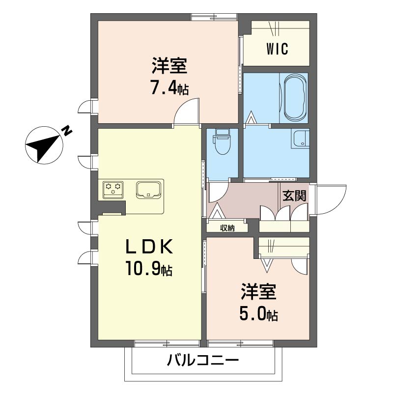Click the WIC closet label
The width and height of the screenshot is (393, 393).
[x=277, y=49]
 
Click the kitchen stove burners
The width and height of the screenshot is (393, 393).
[x=113, y=189]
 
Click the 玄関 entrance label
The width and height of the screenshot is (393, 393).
[x=294, y=196]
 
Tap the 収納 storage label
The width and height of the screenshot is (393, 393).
[x=227, y=228]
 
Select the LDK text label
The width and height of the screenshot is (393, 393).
[x=149, y=247]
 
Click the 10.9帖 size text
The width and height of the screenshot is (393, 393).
[x=149, y=269]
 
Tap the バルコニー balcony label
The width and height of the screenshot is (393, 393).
[x=203, y=361]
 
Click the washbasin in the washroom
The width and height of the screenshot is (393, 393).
[x=300, y=139]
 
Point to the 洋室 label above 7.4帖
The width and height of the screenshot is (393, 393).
[x=169, y=65]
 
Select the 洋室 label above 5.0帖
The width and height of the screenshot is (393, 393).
[x=258, y=291]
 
